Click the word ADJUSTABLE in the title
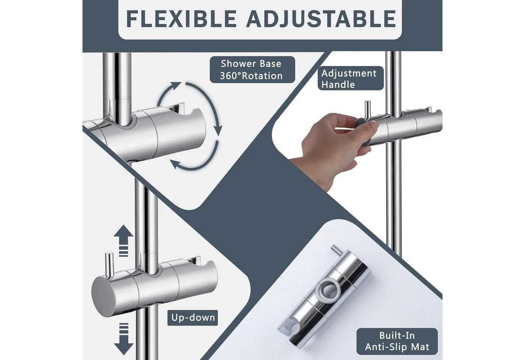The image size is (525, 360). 321,19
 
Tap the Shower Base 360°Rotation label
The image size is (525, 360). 252,70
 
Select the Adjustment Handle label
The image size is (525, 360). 351,78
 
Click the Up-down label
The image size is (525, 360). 193,318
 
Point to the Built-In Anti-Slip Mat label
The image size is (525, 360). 397,341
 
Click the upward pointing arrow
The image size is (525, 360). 123,240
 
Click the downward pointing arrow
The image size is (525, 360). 123,339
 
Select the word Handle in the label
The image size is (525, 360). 338,84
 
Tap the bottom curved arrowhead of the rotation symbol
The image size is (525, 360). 175,164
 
